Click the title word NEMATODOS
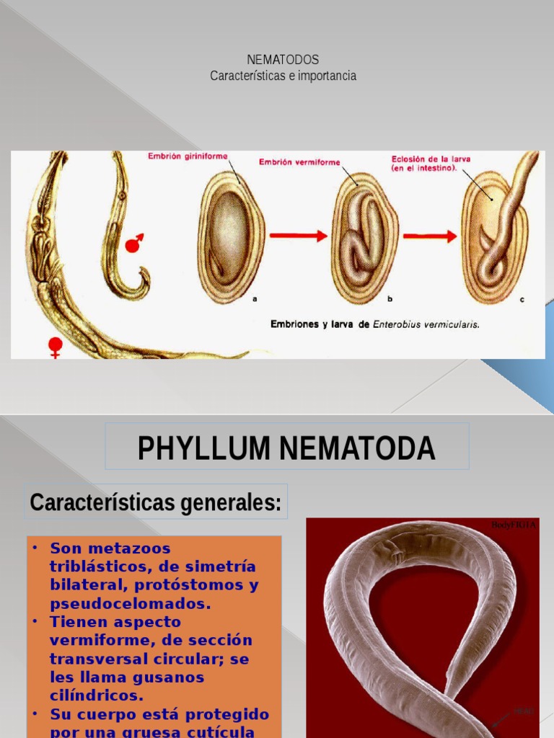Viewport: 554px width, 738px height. pyautogui.click(x=283, y=60)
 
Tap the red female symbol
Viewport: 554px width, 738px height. pyautogui.click(x=55, y=347)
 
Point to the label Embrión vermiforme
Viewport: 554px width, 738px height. pyautogui.click(x=299, y=162)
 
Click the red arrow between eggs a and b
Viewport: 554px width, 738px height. pyautogui.click(x=296, y=236)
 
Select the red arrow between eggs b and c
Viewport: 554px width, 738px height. pyautogui.click(x=430, y=236)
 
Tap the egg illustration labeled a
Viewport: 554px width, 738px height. pyautogui.click(x=230, y=237)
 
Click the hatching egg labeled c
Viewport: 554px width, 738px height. pyautogui.click(x=495, y=238)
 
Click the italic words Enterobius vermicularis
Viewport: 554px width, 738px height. pyautogui.click(x=426, y=324)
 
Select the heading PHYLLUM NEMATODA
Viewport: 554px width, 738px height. pyautogui.click(x=286, y=448)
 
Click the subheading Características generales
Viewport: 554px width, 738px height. pyautogui.click(x=156, y=502)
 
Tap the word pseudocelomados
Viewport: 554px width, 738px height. pyautogui.click(x=130, y=604)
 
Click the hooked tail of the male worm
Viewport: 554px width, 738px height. pyautogui.click(x=141, y=284)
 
